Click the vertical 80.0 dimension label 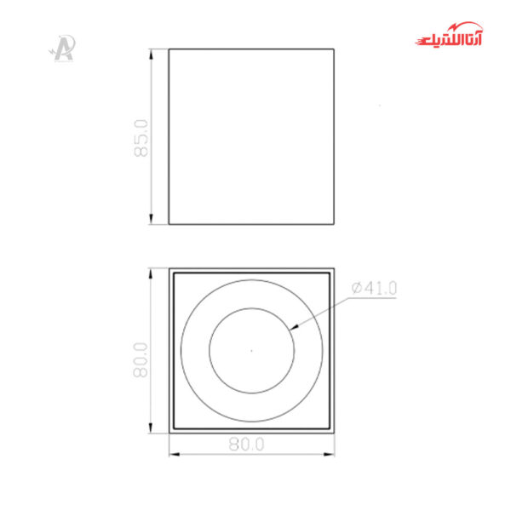coord(141,359)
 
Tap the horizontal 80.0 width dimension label coord(248,444)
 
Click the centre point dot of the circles coord(251,349)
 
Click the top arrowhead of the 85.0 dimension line coord(152,52)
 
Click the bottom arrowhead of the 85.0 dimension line coord(152,221)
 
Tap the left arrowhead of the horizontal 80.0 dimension coord(172,453)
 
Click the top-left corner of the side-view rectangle coord(169,49)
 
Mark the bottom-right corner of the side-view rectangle coord(332,225)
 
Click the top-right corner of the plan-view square coord(332,269)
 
